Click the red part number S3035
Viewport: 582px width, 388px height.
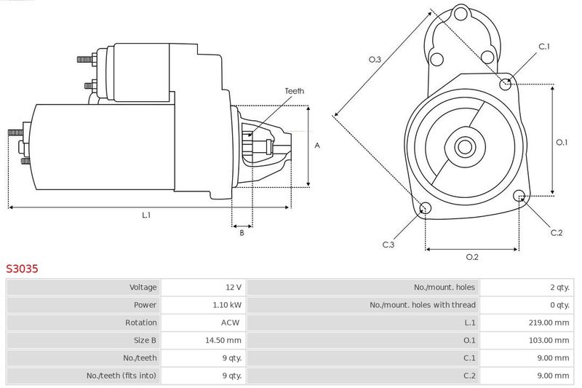23,269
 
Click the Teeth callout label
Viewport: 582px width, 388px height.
295,91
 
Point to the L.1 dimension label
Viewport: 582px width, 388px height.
145,215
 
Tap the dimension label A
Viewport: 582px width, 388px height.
317,146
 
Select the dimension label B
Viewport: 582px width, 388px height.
242,232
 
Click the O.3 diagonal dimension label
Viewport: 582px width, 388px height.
375,60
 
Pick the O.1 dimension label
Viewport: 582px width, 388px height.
562,142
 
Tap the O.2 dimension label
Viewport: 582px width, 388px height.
471,256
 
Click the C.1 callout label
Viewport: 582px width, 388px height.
544,47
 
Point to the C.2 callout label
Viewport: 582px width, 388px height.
557,232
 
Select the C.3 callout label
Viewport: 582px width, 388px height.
388,245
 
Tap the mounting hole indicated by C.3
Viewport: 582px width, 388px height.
426,210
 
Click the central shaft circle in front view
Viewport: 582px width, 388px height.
463,146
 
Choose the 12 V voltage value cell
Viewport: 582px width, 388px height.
234,288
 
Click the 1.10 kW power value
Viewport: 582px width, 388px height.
228,305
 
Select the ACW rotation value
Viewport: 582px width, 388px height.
232,322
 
